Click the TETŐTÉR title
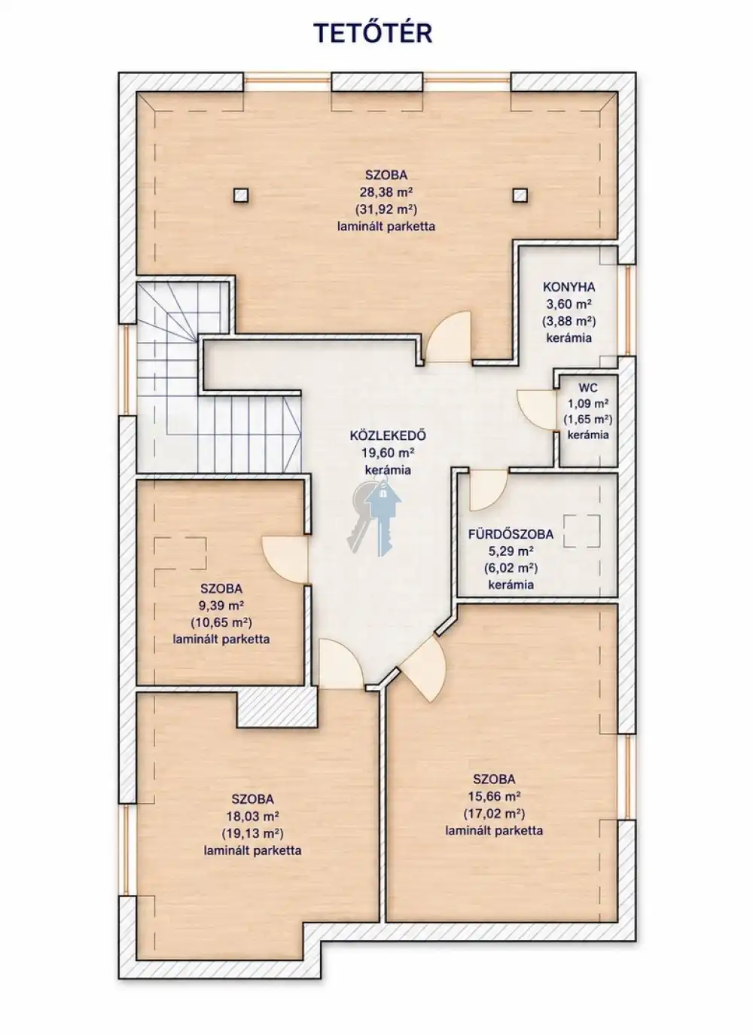[373, 33]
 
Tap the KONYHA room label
[569, 287]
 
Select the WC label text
[587, 388]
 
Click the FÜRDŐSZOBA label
[511, 534]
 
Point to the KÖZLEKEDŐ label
[388, 435]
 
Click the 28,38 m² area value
[386, 192]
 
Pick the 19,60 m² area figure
[388, 453]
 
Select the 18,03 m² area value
[252, 814]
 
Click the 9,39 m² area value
[221, 606]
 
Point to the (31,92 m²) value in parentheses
[386, 209]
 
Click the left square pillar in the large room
[241, 195]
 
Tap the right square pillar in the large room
[520, 195]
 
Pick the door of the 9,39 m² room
[285, 560]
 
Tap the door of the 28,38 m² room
[448, 337]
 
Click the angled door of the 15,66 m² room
[424, 669]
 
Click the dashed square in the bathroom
[581, 531]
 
